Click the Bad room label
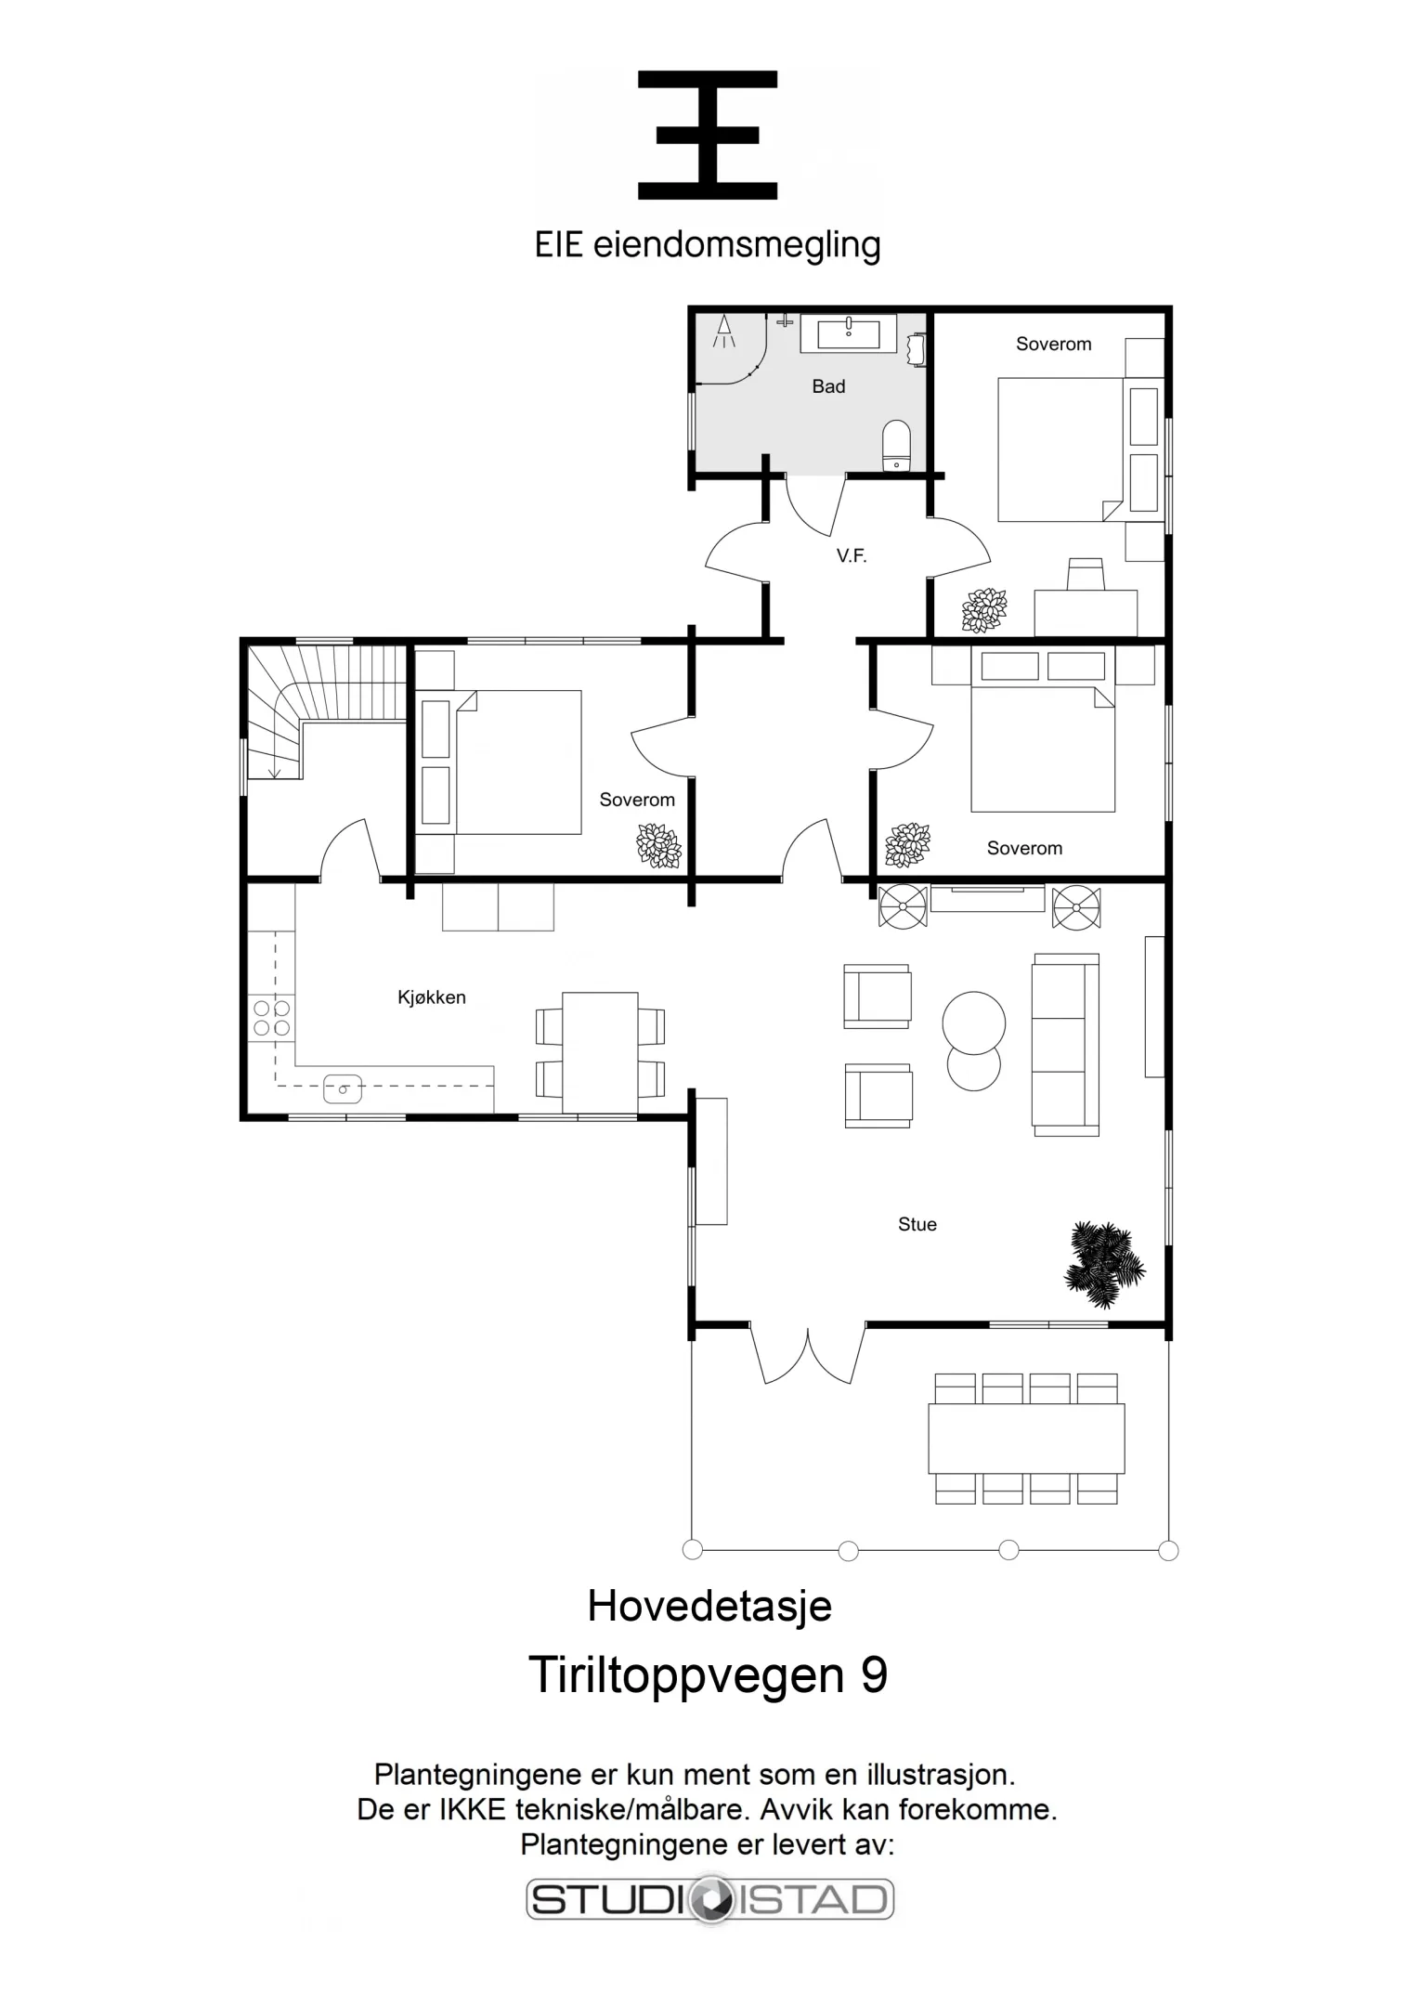(x=828, y=386)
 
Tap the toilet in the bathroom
(x=896, y=445)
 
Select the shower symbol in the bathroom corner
(x=724, y=332)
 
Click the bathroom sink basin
(x=849, y=332)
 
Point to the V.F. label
(x=852, y=556)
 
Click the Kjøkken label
(x=432, y=997)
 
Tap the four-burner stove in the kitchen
(x=272, y=1018)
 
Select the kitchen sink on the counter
(x=343, y=1088)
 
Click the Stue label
(x=917, y=1225)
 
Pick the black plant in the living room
(x=1103, y=1264)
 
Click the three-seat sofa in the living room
(x=1065, y=1045)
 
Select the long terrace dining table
(x=1026, y=1439)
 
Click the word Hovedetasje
(x=709, y=1606)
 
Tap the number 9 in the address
(x=874, y=1674)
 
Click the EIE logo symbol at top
(x=708, y=136)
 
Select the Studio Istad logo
(x=710, y=1899)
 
